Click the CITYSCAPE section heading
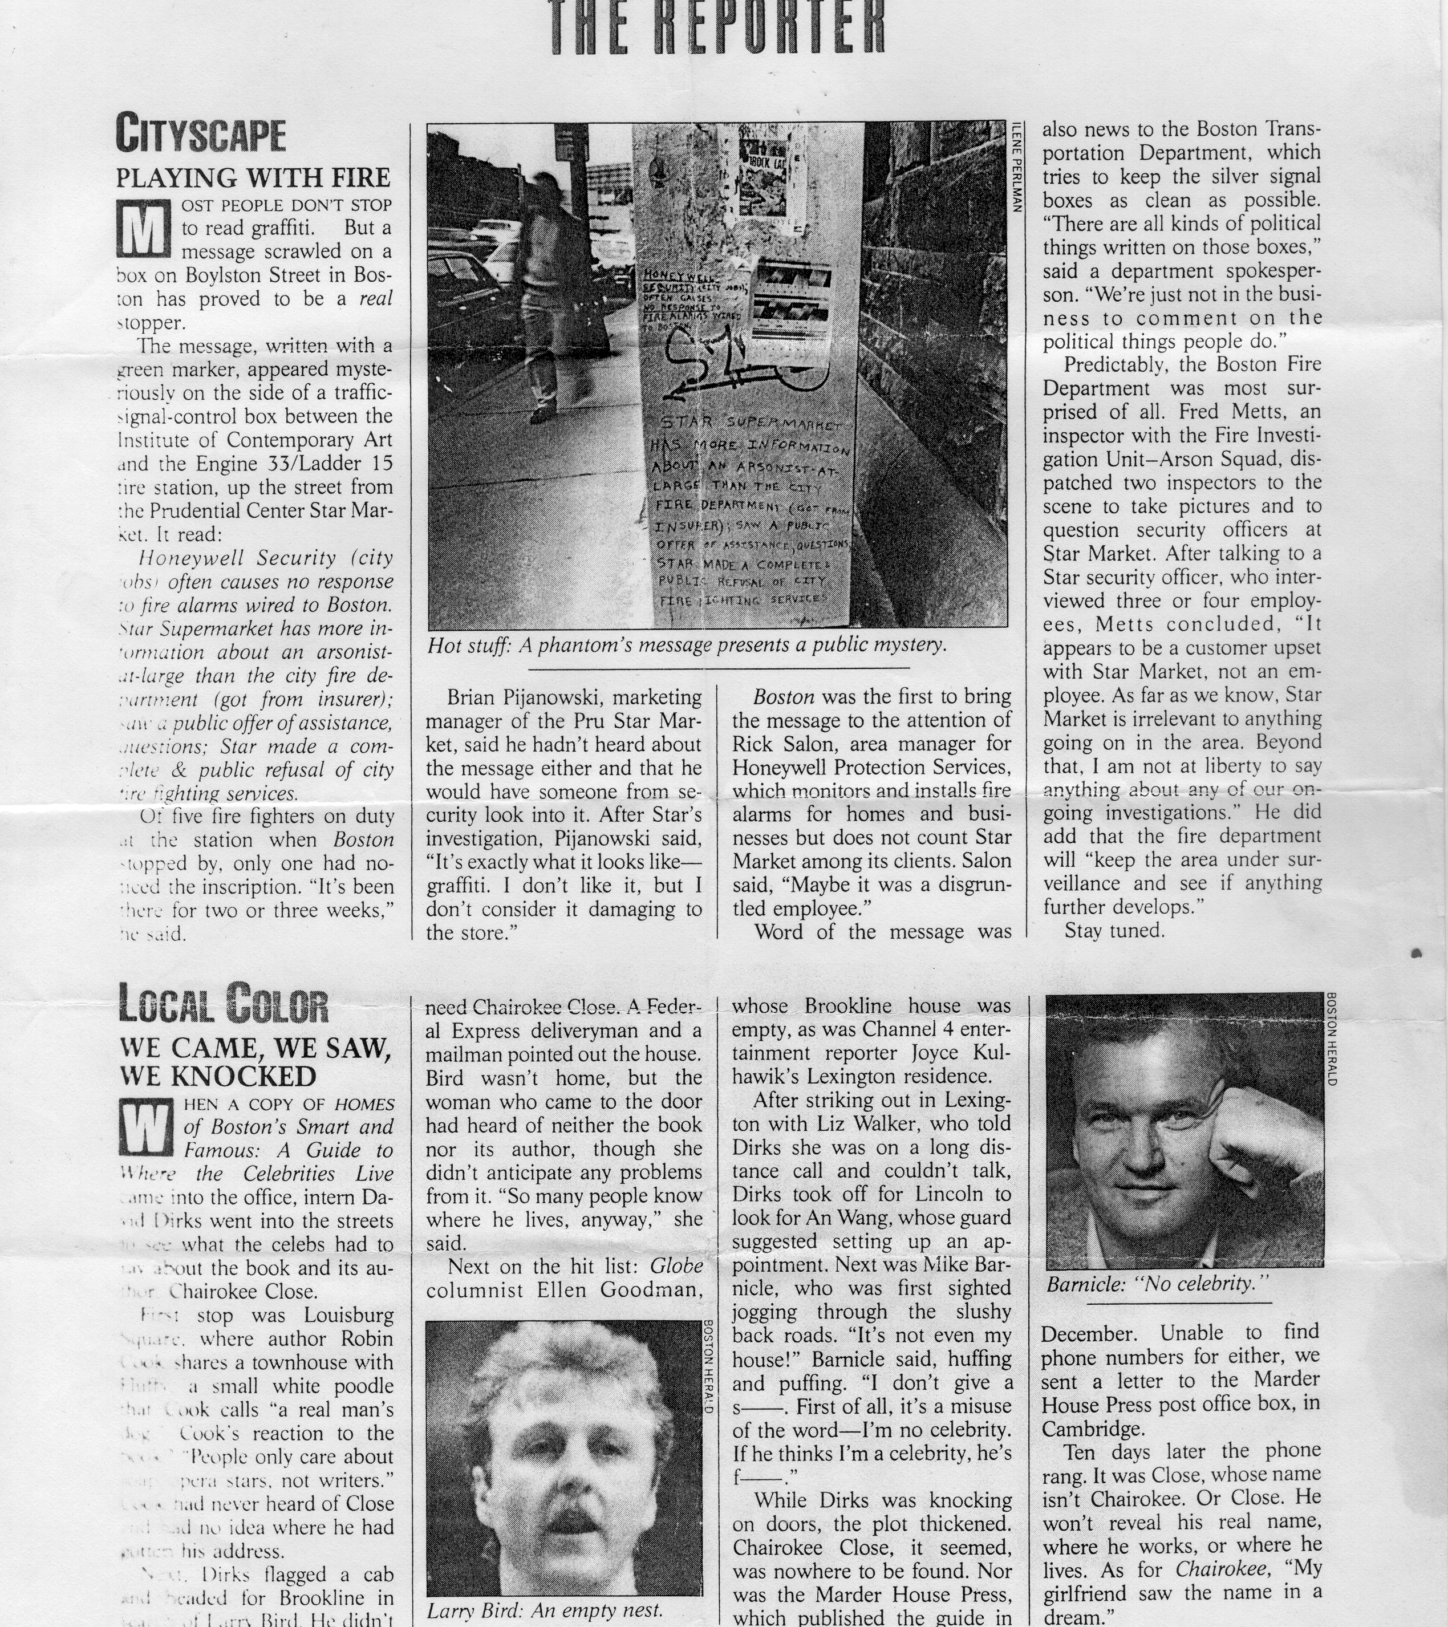click(201, 133)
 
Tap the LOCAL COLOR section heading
click(223, 1003)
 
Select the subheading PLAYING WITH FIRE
click(253, 177)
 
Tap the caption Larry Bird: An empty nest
click(545, 1610)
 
